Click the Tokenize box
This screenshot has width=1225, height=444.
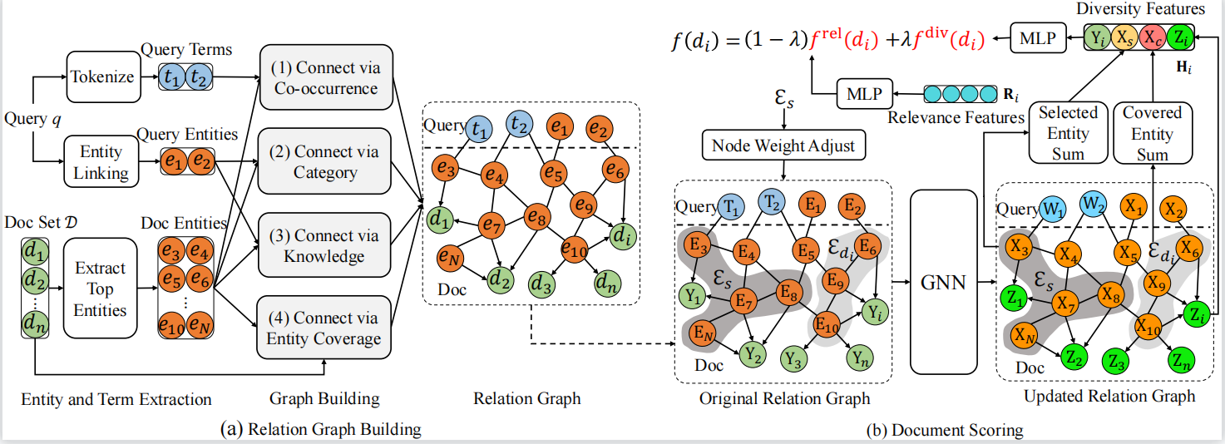(102, 76)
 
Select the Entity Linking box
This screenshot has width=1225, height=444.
(101, 163)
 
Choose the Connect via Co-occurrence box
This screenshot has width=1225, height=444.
(325, 78)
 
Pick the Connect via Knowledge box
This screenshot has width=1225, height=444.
(325, 245)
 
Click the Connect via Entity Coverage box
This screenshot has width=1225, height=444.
(325, 328)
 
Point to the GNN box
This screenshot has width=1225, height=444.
(945, 282)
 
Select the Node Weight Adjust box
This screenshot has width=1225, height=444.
(784, 147)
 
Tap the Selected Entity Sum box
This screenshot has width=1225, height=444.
(1068, 133)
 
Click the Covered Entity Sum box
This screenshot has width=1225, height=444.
(1152, 133)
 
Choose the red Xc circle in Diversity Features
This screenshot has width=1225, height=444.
(1151, 37)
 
